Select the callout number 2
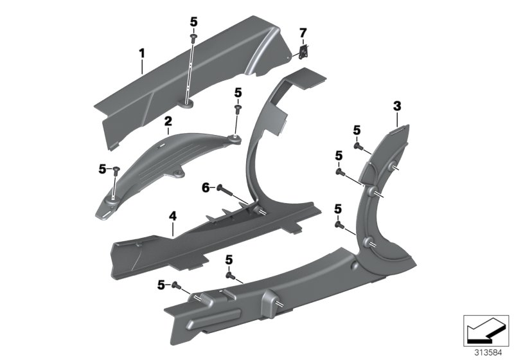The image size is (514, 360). (168, 120)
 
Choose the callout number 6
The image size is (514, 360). (206, 187)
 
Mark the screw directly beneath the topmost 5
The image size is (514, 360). (193, 39)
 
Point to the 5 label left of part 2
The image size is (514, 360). (102, 169)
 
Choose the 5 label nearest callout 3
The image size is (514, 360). (357, 131)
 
